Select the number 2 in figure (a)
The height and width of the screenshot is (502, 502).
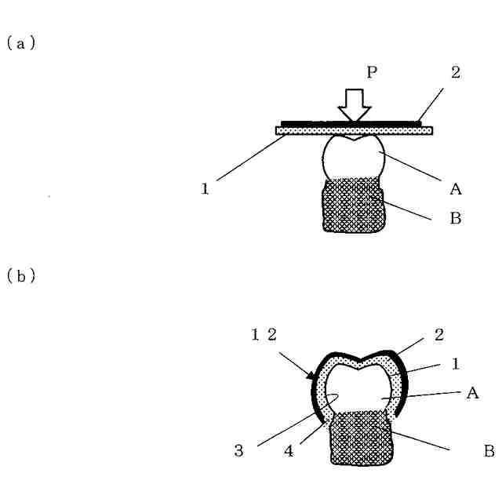pyautogui.click(x=456, y=73)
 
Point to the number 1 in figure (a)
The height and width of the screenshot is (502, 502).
pyautogui.click(x=205, y=189)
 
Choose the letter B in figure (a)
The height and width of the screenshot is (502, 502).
pyautogui.click(x=456, y=220)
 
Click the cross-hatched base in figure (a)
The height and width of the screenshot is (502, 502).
pyautogui.click(x=352, y=206)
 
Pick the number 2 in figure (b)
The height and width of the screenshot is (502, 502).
pyautogui.click(x=439, y=335)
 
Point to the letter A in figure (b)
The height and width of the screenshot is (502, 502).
pyautogui.click(x=473, y=394)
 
